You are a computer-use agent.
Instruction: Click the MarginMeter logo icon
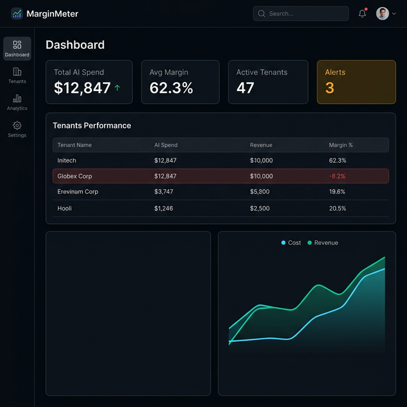coord(17,13)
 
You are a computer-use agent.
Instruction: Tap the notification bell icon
coord(362,13)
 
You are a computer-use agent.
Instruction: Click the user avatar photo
coord(382,13)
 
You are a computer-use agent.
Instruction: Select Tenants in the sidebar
coord(17,76)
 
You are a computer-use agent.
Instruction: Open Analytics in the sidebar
coord(17,102)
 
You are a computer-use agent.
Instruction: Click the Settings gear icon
coord(17,126)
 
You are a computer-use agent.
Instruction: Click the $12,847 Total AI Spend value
coord(82,88)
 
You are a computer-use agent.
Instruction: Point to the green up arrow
coord(117,88)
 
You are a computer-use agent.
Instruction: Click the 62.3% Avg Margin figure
coord(171,88)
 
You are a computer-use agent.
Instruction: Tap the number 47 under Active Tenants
coord(245,88)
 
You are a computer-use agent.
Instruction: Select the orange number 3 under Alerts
coord(329,88)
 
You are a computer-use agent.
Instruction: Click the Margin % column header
coord(341,145)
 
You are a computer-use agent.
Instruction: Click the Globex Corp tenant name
coord(74,176)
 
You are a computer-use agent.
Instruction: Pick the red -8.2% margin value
coord(338,176)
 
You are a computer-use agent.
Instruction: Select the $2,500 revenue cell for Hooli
coord(259,209)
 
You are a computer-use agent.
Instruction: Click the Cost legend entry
coord(291,243)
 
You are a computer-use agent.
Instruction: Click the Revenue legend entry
coord(323,243)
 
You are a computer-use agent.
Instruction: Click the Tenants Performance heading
coord(92,125)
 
